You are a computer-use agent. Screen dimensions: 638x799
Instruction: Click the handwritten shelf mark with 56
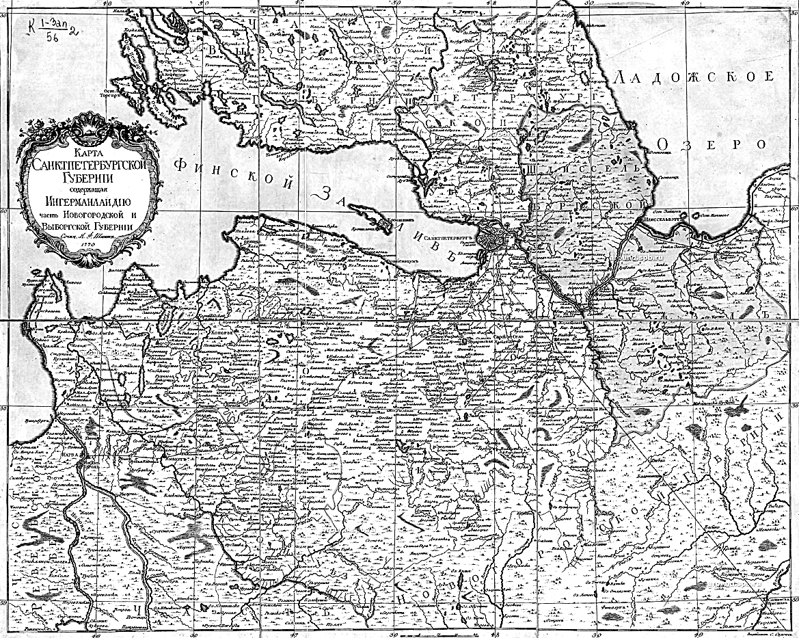pos(53,27)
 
